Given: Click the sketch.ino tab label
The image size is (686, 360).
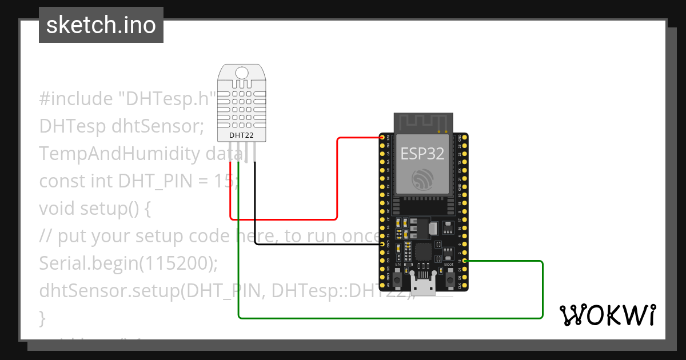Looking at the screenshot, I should [x=101, y=25].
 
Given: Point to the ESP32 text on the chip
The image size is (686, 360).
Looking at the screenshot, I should [x=422, y=153].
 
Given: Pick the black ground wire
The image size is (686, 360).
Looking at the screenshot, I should [x=314, y=245].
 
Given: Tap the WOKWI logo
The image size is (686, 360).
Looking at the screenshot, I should [x=607, y=315].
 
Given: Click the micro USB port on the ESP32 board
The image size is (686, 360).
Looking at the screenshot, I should [x=424, y=286].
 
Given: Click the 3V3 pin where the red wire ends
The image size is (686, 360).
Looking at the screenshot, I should [x=382, y=138].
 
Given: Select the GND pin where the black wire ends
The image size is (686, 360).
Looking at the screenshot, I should [x=382, y=244].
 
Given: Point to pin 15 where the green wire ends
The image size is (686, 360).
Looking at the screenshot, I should [x=465, y=261].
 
